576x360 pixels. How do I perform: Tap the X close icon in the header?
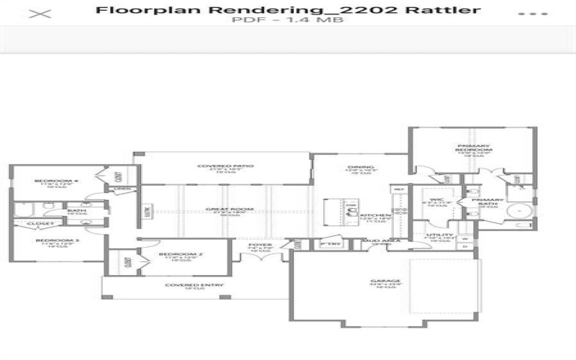coord(44,14)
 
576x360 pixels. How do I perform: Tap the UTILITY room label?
coord(440,235)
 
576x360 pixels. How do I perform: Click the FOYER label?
coord(260,245)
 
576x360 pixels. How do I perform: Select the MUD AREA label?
coord(377,241)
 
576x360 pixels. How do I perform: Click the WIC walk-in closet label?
coord(436,199)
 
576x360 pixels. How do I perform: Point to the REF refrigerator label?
coord(398,189)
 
